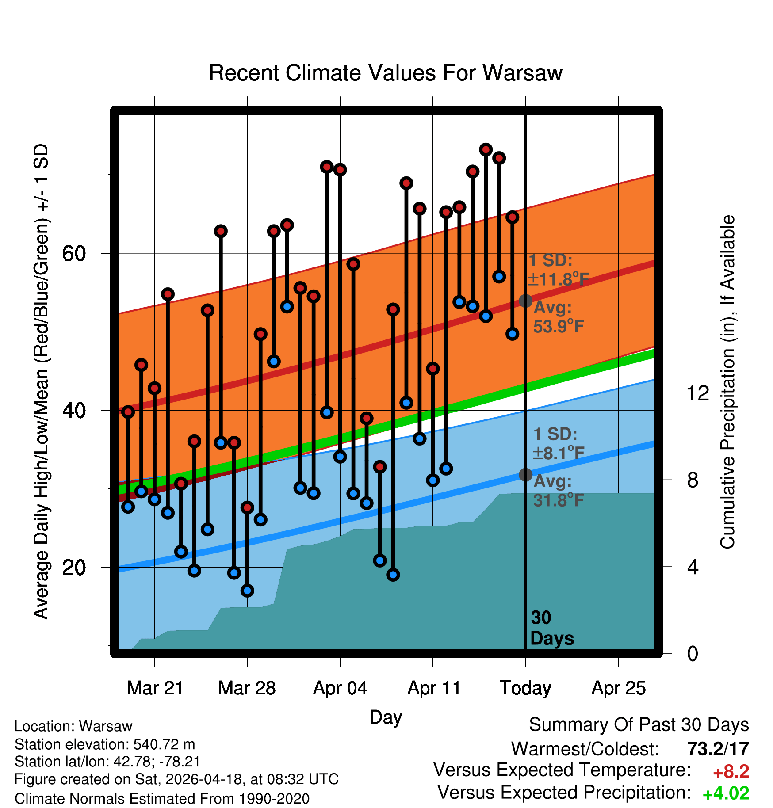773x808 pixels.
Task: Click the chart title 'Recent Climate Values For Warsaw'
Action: [385, 73]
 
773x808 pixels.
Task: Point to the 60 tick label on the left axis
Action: [74, 254]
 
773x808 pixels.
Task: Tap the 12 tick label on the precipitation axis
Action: [697, 393]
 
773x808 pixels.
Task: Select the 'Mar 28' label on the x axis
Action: [247, 688]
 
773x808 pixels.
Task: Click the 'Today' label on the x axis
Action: [525, 688]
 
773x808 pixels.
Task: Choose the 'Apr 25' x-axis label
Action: [619, 688]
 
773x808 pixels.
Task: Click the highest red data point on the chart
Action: [486, 149]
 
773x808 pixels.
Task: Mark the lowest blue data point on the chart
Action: [247, 591]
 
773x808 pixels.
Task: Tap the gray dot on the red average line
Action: [525, 301]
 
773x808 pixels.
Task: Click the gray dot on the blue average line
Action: [525, 475]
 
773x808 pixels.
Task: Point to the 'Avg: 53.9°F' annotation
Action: [559, 317]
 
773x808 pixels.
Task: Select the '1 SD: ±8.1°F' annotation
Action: [559, 443]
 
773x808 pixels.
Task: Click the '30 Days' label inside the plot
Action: [552, 628]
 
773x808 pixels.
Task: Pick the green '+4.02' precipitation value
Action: [726, 793]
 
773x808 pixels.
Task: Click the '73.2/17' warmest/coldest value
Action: [718, 749]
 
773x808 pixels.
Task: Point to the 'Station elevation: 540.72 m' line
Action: [105, 744]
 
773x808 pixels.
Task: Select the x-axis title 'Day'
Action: [386, 717]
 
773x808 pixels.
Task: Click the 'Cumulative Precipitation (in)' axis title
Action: [727, 382]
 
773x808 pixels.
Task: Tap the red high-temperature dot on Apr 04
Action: [340, 170]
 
